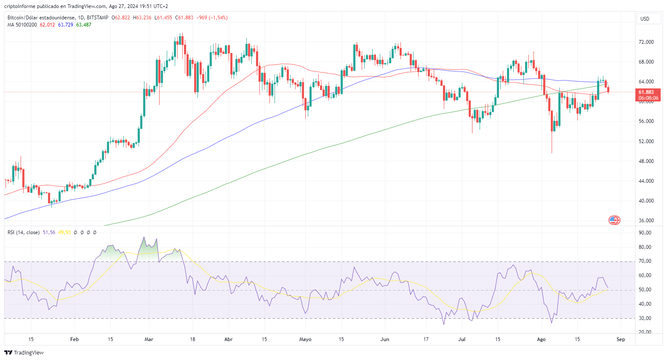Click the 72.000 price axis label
pyautogui.click(x=646, y=42)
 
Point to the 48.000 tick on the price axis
pyautogui.click(x=646, y=161)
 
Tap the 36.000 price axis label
pyautogui.click(x=646, y=221)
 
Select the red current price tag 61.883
pyautogui.click(x=648, y=92)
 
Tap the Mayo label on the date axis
pyautogui.click(x=305, y=339)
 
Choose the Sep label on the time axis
pyautogui.click(x=621, y=339)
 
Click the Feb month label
pyautogui.click(x=75, y=339)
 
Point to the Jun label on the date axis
pyautogui.click(x=385, y=339)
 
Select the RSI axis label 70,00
pyautogui.click(x=645, y=261)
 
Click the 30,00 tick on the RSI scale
pyautogui.click(x=645, y=318)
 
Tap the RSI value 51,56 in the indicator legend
pyautogui.click(x=49, y=232)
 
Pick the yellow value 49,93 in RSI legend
pyautogui.click(x=64, y=232)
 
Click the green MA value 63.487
pyautogui.click(x=84, y=25)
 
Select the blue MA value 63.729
pyautogui.click(x=65, y=25)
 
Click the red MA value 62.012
pyautogui.click(x=47, y=25)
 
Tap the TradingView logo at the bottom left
pyautogui.click(x=24, y=353)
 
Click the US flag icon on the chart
pyautogui.click(x=614, y=220)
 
